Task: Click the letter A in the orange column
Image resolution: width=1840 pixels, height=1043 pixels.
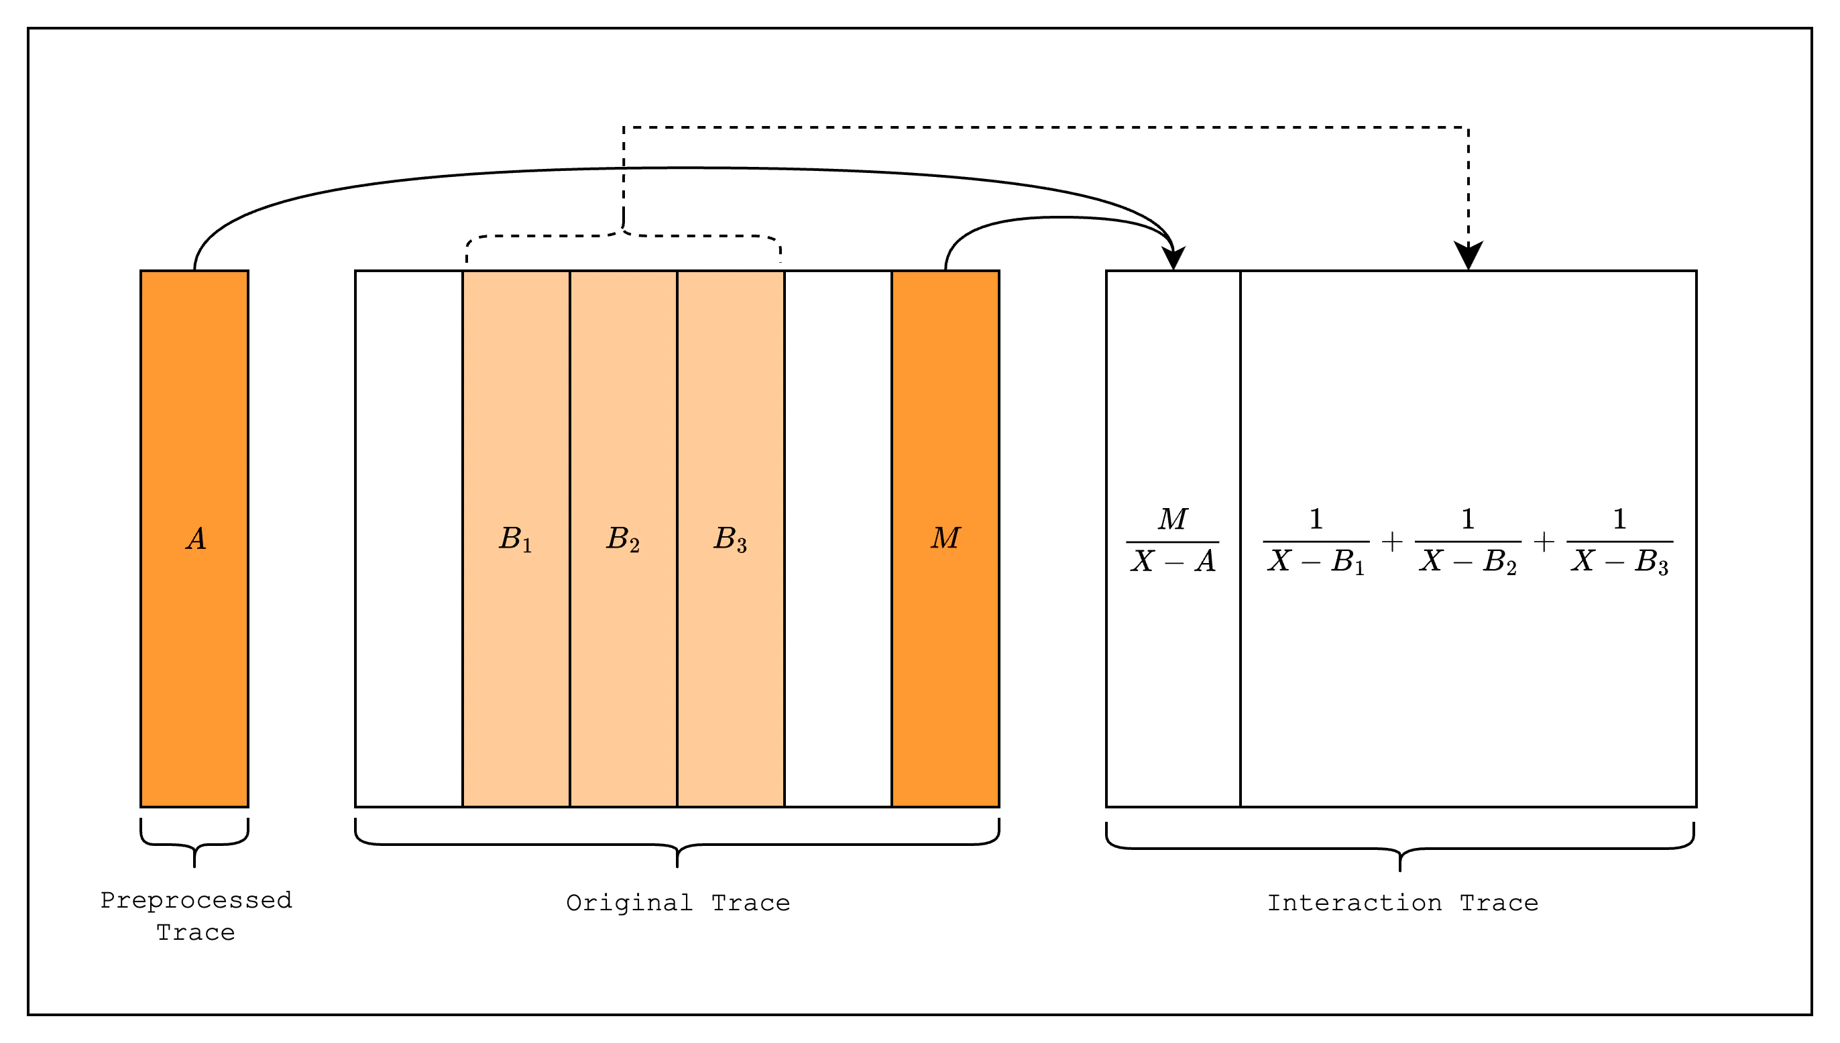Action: tap(196, 539)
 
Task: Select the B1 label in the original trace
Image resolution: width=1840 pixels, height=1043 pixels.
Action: tap(515, 539)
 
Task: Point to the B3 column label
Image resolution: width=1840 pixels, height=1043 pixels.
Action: tap(730, 539)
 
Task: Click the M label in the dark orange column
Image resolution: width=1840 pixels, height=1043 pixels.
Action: tap(945, 538)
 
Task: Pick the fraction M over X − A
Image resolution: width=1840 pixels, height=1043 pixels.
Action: tap(1172, 541)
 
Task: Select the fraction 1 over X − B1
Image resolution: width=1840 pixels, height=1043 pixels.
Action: tap(1316, 541)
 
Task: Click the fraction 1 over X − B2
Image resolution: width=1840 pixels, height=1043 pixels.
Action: tap(1467, 541)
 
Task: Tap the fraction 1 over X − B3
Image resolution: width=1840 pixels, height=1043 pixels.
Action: tap(1619, 541)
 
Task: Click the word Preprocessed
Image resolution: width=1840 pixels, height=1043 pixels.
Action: tap(196, 900)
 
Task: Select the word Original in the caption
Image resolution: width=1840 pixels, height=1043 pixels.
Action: tap(629, 904)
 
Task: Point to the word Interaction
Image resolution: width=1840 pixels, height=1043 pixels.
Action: tap(1355, 904)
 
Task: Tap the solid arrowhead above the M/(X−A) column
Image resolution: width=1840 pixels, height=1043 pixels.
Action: tap(1173, 258)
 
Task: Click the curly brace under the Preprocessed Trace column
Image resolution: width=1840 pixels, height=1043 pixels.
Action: tap(194, 844)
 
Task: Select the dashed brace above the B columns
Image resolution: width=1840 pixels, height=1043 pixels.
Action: tap(624, 236)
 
